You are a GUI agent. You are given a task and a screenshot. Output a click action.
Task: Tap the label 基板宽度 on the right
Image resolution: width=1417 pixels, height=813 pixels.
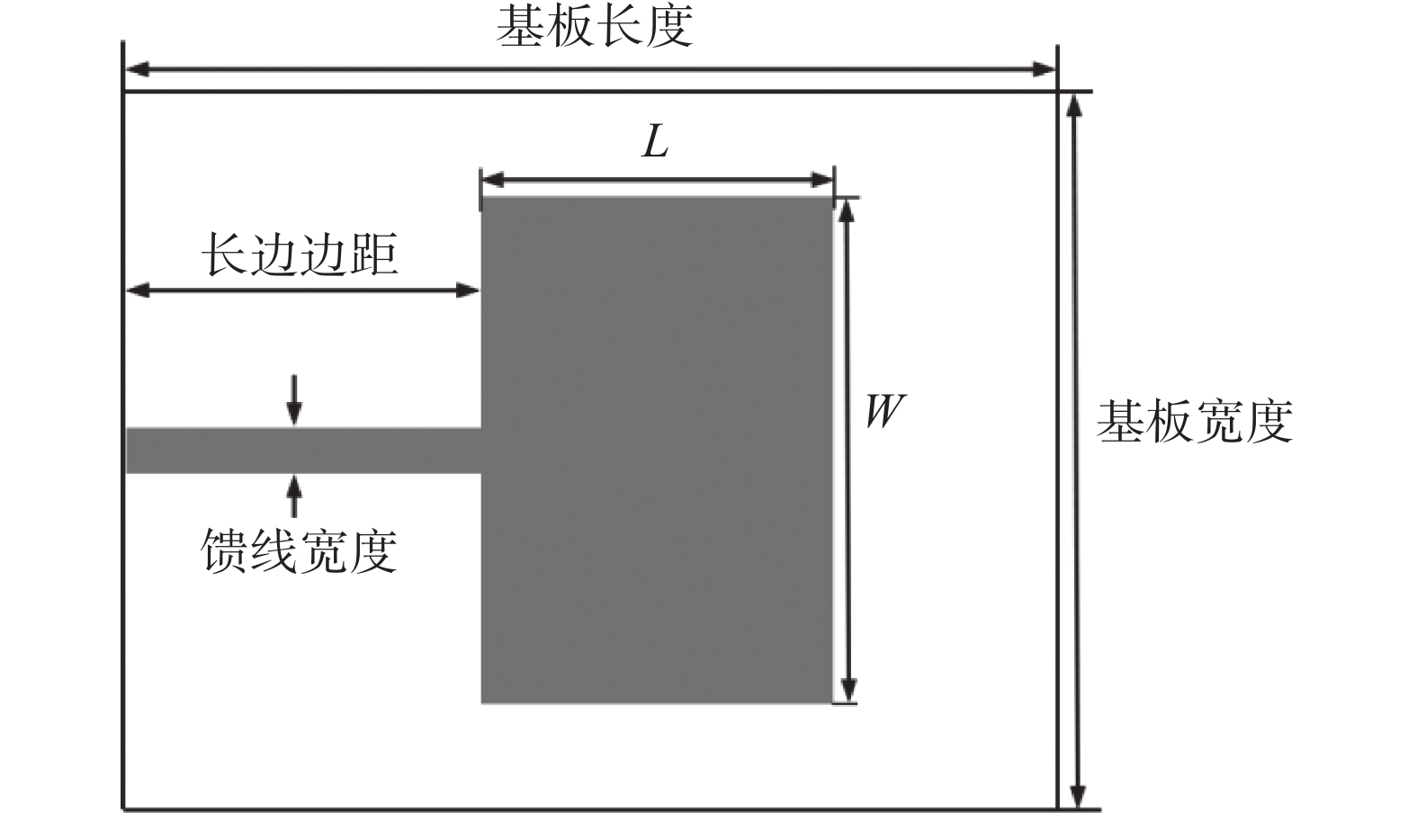pyautogui.click(x=1194, y=421)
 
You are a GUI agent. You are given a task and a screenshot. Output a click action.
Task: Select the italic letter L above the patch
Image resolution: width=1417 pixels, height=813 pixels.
pyautogui.click(x=656, y=141)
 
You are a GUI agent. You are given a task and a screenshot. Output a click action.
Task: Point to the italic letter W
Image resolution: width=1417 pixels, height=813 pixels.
pyautogui.click(x=883, y=411)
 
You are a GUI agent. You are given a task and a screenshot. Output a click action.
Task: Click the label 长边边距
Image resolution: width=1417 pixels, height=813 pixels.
pyautogui.click(x=299, y=255)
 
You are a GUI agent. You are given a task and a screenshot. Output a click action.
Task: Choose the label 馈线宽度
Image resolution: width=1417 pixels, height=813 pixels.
pyautogui.click(x=299, y=550)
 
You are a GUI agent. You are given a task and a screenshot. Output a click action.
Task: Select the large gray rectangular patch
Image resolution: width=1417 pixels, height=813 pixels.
pyautogui.click(x=657, y=450)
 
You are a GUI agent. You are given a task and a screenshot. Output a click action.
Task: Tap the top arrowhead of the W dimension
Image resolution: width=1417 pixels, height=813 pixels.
pyautogui.click(x=846, y=210)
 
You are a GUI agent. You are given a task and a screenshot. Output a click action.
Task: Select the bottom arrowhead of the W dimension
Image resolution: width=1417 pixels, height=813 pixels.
pyautogui.click(x=846, y=690)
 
